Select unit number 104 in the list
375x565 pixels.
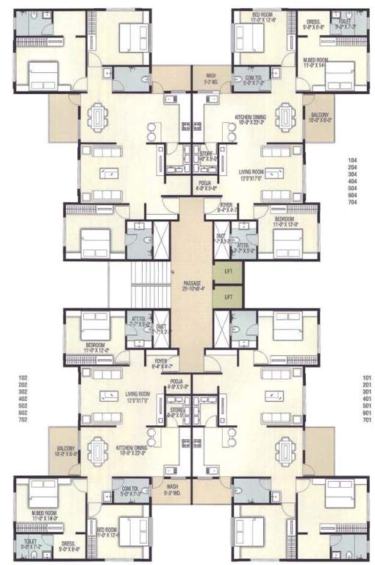tap(354, 159)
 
